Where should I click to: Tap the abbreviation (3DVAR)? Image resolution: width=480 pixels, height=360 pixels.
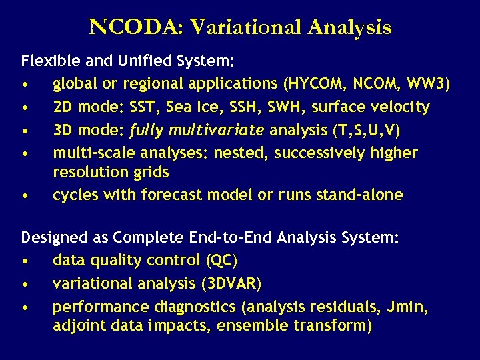pyautogui.click(x=230, y=283)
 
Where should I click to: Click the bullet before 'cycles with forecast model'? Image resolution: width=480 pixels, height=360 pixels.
pyautogui.click(x=25, y=196)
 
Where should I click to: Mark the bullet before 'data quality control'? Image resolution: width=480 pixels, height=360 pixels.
pyautogui.click(x=25, y=261)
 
